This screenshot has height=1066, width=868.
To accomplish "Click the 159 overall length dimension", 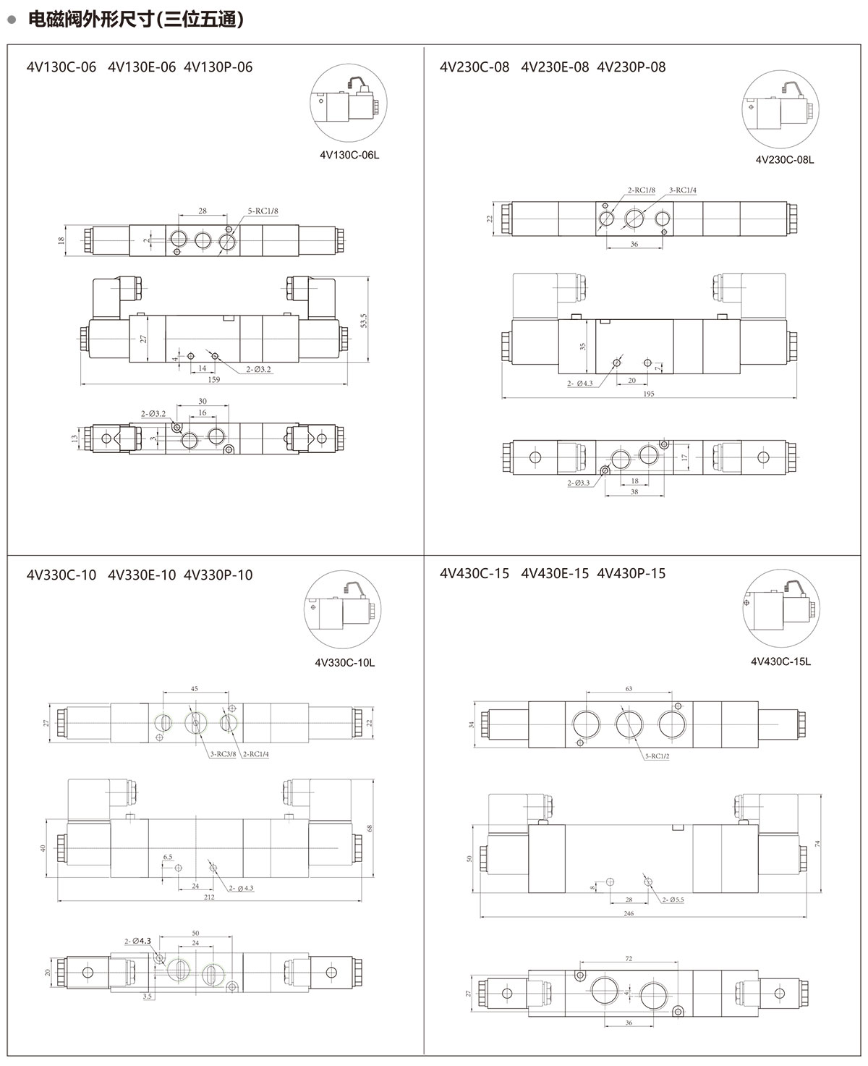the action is pyautogui.click(x=213, y=380).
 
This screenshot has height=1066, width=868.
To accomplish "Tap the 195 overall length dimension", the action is pyautogui.click(x=648, y=394).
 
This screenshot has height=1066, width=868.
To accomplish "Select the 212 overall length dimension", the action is pyautogui.click(x=209, y=897).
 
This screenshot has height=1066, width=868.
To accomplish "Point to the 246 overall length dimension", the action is pyautogui.click(x=629, y=913).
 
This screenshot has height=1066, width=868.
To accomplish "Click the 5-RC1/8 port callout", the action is pyautogui.click(x=263, y=211).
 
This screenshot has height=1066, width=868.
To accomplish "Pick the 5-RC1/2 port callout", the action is pyautogui.click(x=657, y=756).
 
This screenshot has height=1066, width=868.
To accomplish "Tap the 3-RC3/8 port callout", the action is pyautogui.click(x=223, y=753).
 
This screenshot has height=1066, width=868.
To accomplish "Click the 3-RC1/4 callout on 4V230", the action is pyautogui.click(x=682, y=190).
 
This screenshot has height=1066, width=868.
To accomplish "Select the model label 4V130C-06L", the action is pyautogui.click(x=349, y=155).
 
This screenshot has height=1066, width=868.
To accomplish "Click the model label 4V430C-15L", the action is pyautogui.click(x=780, y=661).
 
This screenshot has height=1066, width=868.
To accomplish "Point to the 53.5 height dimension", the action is pyautogui.click(x=364, y=321).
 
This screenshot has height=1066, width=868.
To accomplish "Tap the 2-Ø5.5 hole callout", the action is pyautogui.click(x=673, y=900).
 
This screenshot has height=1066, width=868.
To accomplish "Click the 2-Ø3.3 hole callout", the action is pyautogui.click(x=579, y=483).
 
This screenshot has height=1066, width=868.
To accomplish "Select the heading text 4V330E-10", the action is pyautogui.click(x=142, y=575).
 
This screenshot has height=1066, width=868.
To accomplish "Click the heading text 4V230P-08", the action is pyautogui.click(x=631, y=67).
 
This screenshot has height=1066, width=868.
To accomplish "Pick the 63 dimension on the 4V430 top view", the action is pyautogui.click(x=629, y=689).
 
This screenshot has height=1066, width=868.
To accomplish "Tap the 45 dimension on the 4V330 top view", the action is pyautogui.click(x=194, y=689).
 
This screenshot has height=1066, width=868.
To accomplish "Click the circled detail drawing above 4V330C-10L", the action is pyautogui.click(x=343, y=609).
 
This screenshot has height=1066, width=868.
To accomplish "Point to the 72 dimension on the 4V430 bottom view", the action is pyautogui.click(x=629, y=958).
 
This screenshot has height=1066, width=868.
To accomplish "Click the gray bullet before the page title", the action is pyautogui.click(x=12, y=20).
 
